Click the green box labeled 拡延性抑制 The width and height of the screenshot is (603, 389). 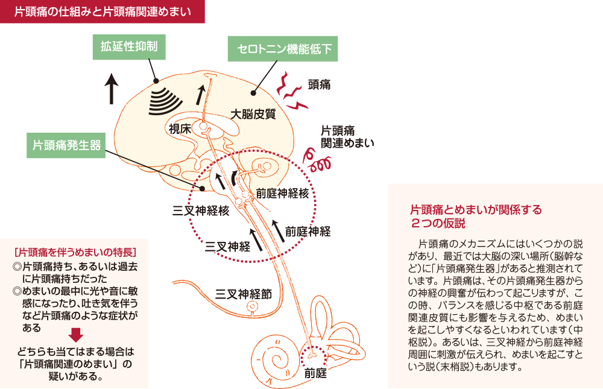point(129,46)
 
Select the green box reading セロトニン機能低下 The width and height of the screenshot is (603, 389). point(282,49)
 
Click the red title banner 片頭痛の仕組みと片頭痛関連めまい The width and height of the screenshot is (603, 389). point(103,11)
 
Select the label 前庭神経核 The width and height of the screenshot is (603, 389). point(282,193)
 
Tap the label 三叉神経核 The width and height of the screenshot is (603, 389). point(201,210)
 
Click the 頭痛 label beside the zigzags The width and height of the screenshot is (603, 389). point(319,84)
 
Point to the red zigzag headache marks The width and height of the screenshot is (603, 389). point(292,93)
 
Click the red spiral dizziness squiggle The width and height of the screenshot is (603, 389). point(318,161)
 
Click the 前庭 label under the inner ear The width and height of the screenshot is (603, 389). point(315,373)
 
